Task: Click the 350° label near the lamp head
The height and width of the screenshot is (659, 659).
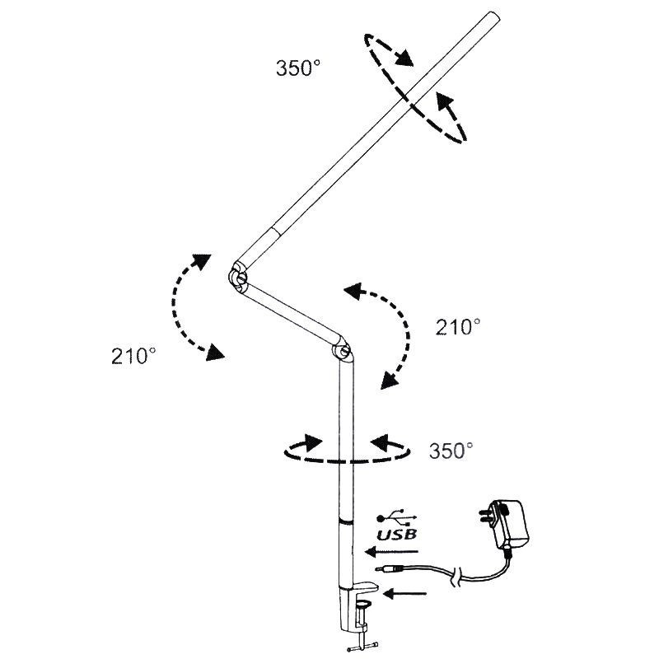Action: [x=298, y=68]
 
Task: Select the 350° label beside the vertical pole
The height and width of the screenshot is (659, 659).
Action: [x=451, y=451]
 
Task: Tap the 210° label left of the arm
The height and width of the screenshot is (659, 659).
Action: [x=133, y=357]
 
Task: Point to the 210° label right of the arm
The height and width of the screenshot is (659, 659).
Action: [x=458, y=327]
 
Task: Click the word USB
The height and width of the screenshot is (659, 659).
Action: [x=397, y=534]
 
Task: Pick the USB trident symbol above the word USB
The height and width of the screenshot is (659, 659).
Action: [x=397, y=517]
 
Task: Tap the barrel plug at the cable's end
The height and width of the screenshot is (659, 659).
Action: [x=389, y=569]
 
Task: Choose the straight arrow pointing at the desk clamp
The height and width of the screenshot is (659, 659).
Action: [x=404, y=593]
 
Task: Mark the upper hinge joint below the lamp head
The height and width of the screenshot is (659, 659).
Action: [x=239, y=277]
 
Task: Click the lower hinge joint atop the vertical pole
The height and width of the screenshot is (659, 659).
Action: [x=342, y=350]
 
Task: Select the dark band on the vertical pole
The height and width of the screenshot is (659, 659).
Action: [x=346, y=521]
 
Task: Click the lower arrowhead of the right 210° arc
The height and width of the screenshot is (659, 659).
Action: [x=389, y=381]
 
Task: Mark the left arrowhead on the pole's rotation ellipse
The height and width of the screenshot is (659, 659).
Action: [x=313, y=442]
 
